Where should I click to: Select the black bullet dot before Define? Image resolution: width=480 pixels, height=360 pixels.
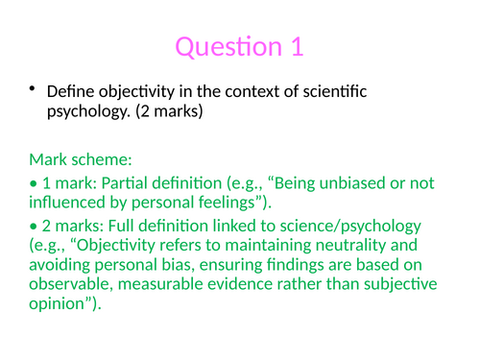coord(32,90)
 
